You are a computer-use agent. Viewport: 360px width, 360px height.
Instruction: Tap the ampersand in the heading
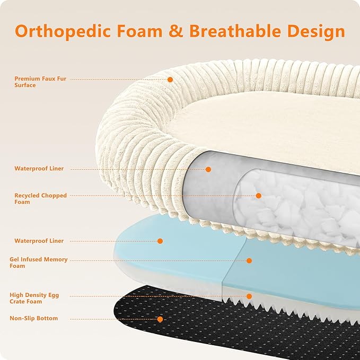[x=175, y=31]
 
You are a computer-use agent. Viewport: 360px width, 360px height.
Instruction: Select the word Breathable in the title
[x=235, y=31]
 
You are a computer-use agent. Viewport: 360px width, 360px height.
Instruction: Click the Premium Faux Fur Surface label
[x=40, y=82]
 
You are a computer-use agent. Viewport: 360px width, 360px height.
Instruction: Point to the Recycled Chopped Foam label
[x=40, y=199]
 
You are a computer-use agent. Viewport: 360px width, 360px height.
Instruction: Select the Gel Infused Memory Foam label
[x=39, y=262]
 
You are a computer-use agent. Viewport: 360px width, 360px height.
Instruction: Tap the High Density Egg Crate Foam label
[x=34, y=298]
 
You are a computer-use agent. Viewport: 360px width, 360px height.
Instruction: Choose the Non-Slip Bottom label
[x=34, y=318]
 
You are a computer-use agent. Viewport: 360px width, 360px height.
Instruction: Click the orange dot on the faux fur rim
[x=170, y=80]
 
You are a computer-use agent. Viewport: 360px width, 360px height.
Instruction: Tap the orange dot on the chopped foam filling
[x=258, y=196]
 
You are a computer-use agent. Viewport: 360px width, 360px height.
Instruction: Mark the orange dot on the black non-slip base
[x=160, y=319]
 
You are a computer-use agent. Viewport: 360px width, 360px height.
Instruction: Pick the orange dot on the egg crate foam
[x=249, y=296]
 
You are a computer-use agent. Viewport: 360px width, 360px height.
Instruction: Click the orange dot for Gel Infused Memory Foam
[x=249, y=260]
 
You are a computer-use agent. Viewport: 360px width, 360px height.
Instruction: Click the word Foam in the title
[x=140, y=31]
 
